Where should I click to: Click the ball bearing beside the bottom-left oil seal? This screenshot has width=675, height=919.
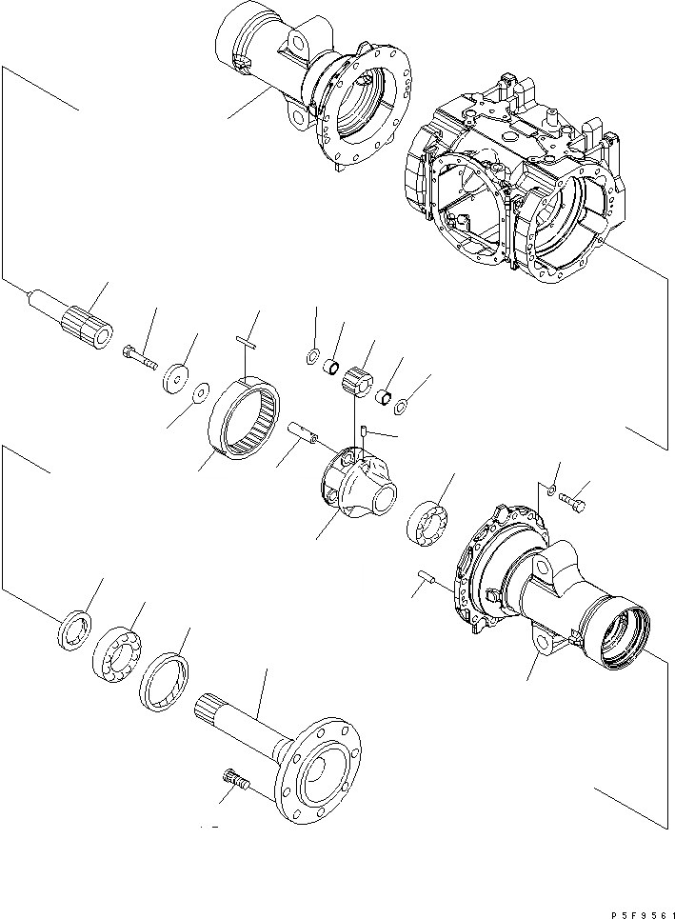click(117, 658)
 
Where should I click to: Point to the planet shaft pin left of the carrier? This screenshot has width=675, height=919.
click(305, 431)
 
